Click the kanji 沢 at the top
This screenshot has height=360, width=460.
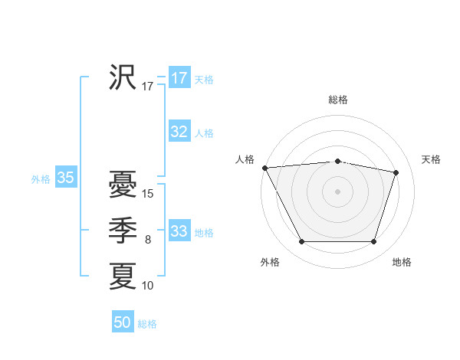(123, 77)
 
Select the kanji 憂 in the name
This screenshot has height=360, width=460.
(123, 185)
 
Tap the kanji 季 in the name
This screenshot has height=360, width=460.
(123, 231)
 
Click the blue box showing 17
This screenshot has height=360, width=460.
(179, 78)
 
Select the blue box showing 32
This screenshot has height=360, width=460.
(179, 132)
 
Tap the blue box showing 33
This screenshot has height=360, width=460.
(179, 231)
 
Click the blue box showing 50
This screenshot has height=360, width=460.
(123, 322)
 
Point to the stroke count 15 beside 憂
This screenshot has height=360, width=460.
(149, 194)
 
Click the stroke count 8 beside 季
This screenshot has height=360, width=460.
(148, 240)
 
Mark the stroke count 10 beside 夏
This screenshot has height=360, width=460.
(149, 286)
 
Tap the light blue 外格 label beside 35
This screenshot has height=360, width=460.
(41, 179)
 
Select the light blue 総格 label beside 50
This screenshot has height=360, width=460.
(147, 324)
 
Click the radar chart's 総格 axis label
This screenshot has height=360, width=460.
(338, 100)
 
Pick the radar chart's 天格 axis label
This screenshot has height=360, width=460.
(431, 159)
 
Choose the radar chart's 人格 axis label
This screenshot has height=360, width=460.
(245, 159)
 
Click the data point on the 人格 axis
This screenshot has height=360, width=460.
(264, 168)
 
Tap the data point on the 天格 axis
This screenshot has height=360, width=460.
(396, 172)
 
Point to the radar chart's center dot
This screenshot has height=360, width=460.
(338, 191)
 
